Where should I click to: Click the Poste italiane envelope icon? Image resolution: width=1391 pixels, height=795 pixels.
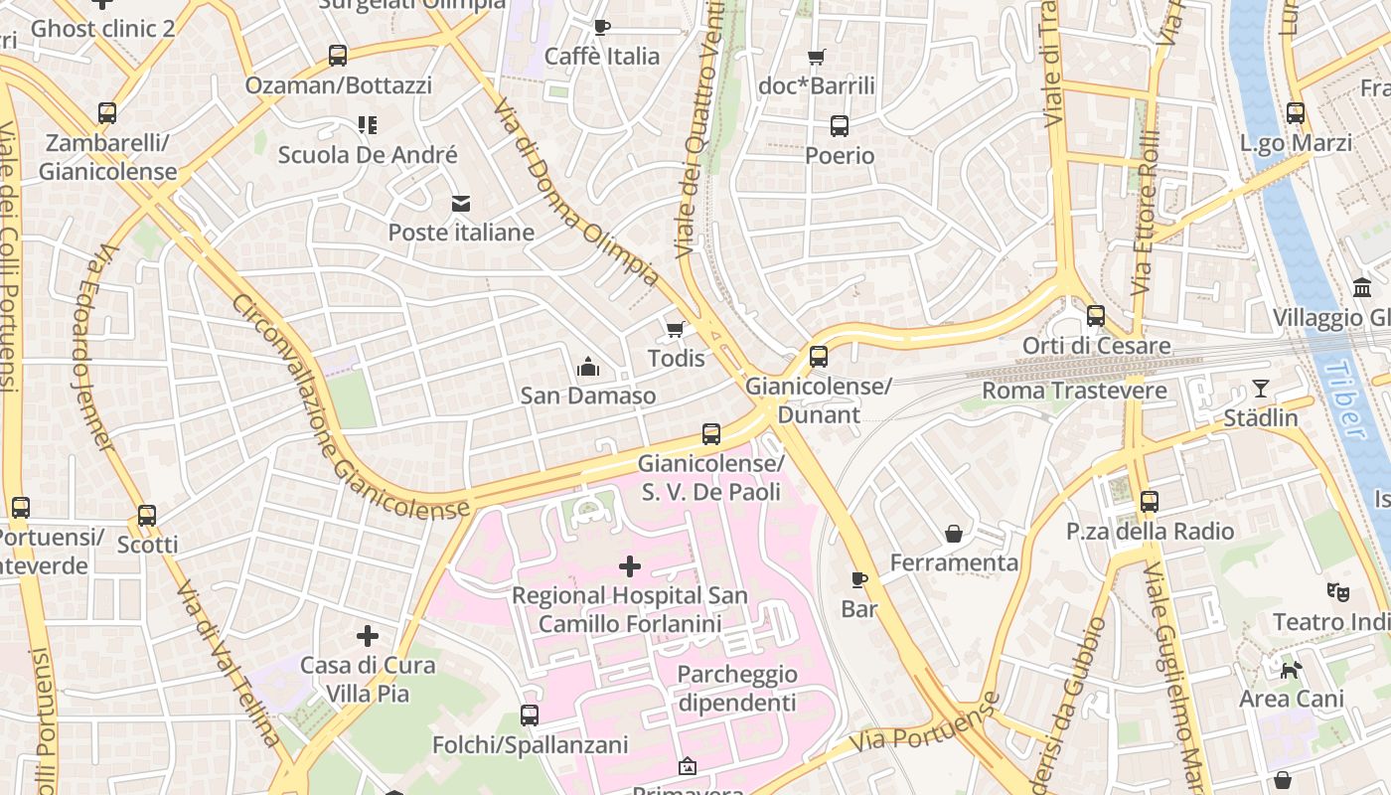[x=461, y=204]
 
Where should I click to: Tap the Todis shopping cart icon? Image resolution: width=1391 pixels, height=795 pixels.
[x=676, y=329]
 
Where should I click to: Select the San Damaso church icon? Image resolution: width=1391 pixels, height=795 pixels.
[x=588, y=367]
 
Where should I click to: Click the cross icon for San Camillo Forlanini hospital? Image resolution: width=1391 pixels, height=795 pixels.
[x=630, y=566]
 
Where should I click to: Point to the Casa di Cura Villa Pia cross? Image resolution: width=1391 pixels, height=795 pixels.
[x=368, y=635]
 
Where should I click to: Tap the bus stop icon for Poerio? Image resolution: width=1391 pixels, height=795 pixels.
[x=840, y=126]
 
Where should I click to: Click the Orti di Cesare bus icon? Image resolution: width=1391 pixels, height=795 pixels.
[x=1096, y=316]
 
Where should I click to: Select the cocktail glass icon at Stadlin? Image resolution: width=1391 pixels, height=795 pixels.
[x=1261, y=389]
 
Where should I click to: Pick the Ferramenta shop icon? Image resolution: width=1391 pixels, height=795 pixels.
[x=954, y=534]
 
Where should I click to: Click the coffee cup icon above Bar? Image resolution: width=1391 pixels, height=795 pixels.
[x=859, y=579]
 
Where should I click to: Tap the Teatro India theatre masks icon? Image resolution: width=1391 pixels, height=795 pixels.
[x=1338, y=592]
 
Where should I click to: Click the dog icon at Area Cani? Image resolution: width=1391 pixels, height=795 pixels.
[x=1291, y=670]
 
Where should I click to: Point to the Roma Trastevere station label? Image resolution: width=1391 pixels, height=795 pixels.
[x=1074, y=391]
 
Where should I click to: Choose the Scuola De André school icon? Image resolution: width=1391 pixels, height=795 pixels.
[x=368, y=125]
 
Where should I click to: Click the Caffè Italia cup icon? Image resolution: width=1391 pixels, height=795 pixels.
[x=601, y=27]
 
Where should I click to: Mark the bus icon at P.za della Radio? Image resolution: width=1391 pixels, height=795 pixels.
[x=1150, y=502]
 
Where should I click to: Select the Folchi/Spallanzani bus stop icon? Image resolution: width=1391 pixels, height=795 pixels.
[x=530, y=715]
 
